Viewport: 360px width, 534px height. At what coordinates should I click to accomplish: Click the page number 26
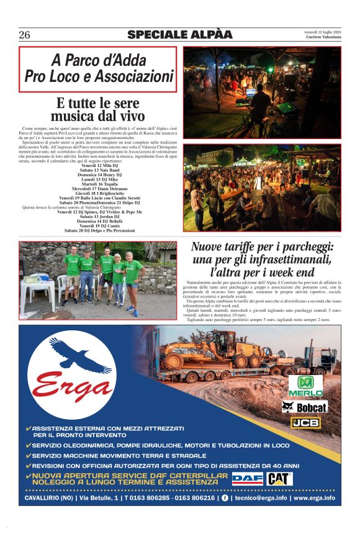[x=25, y=34]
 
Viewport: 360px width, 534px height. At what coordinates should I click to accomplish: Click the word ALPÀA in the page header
[x=208, y=34]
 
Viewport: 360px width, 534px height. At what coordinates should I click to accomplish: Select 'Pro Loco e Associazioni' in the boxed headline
[x=99, y=76]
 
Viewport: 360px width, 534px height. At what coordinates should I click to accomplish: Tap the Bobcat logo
[x=304, y=407]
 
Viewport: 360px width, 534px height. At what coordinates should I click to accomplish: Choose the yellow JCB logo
[x=305, y=423]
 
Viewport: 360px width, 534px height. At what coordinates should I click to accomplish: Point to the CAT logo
[x=279, y=479]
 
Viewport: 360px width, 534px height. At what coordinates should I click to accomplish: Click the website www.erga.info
[x=314, y=498]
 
